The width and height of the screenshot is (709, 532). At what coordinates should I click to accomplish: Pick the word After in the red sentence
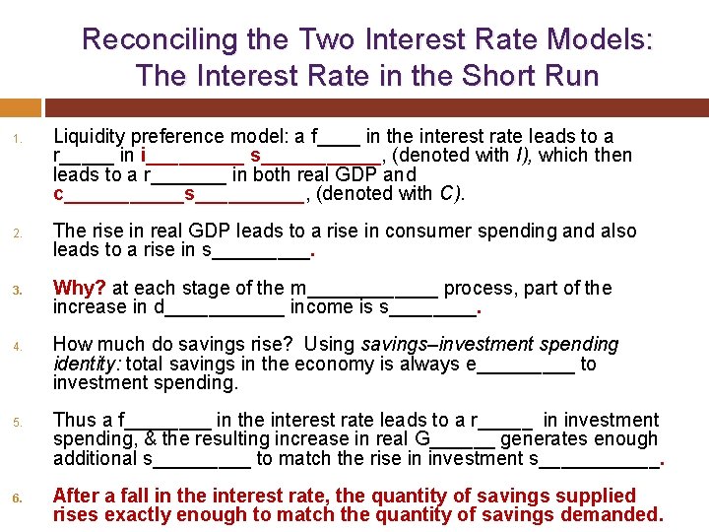click(x=78, y=496)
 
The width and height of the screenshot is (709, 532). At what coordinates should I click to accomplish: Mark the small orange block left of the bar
click(x=21, y=107)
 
